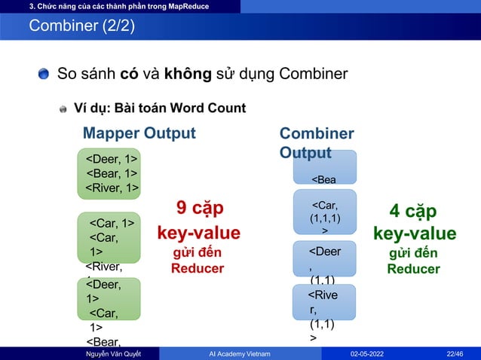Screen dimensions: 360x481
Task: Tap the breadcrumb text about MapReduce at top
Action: point(119,7)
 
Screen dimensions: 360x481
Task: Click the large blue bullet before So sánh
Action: point(44,74)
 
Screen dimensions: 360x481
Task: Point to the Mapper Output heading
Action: point(139,133)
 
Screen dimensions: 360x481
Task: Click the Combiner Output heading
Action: point(316,142)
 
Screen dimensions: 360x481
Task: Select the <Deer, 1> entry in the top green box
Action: point(111,159)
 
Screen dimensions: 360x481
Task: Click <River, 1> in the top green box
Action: point(111,188)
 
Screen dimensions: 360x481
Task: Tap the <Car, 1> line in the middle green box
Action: point(112,222)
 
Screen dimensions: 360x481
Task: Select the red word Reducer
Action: point(198,268)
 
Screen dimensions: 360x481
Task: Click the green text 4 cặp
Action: point(414,210)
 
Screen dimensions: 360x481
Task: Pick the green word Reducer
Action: point(414,269)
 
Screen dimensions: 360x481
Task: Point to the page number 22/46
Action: point(455,352)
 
